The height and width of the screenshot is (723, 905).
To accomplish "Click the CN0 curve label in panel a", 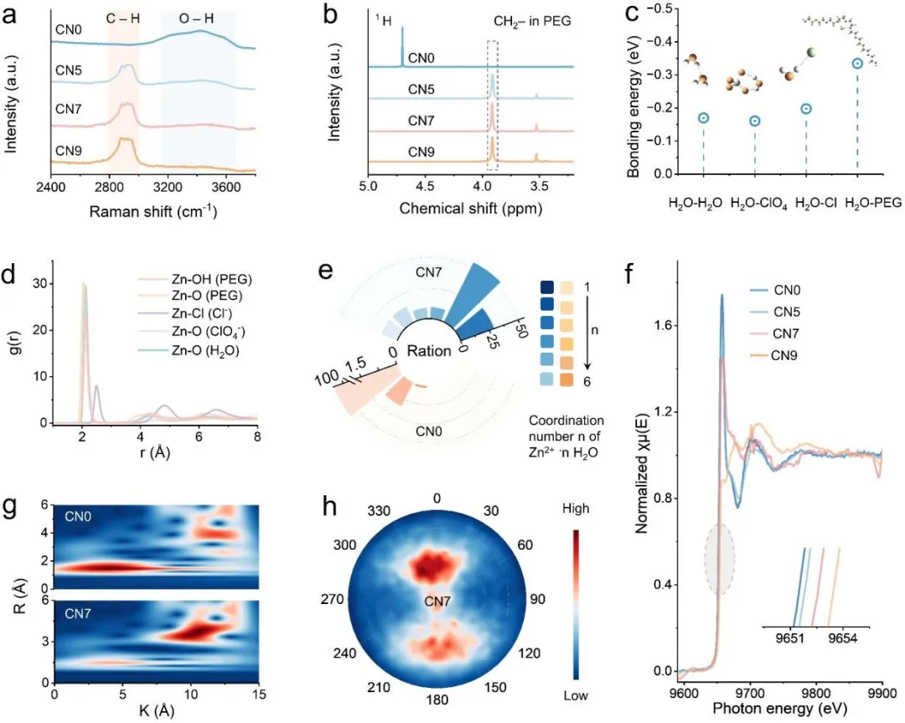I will click(x=69, y=28).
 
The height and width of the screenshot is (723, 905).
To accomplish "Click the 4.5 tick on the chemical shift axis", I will click(x=426, y=186).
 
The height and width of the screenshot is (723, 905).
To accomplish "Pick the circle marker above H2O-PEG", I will click(x=857, y=63).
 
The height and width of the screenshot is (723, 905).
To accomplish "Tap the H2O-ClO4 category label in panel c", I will click(x=755, y=202).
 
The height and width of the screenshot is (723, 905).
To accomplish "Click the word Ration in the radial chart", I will click(x=429, y=351).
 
